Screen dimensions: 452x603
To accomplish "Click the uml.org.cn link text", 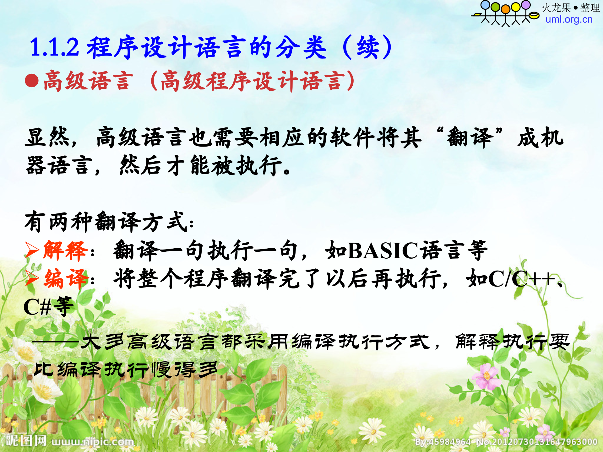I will tap(569, 19).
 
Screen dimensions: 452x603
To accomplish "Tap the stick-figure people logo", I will tap(505, 13).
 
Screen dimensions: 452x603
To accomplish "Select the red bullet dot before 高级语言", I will tap(32, 81).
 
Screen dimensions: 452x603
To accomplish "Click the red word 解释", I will tap(65, 251).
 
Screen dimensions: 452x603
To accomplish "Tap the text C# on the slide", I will tap(37, 307).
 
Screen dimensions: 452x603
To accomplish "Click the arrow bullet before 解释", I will tap(31, 251).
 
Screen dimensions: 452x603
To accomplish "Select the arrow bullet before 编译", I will tap(31, 278).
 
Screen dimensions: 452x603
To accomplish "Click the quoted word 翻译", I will tap(470, 137).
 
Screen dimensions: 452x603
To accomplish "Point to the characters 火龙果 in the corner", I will tap(556, 8).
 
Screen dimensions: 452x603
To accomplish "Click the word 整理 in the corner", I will tap(590, 8).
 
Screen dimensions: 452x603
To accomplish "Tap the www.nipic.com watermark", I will tap(93, 442).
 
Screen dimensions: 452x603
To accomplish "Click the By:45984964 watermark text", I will tap(443, 442).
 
